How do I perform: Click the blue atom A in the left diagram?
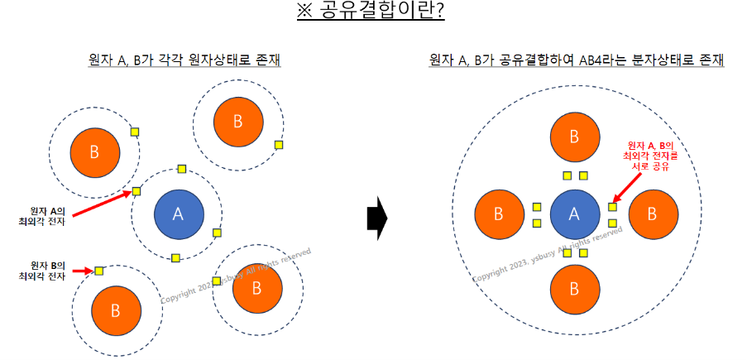[177, 214]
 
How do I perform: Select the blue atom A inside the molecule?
[575, 214]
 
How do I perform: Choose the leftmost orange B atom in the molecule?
[498, 214]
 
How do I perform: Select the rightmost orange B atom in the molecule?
[652, 214]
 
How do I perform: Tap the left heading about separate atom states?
[184, 60]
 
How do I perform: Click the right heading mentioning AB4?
[577, 60]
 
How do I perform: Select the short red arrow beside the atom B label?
[82, 271]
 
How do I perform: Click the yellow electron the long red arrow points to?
[136, 192]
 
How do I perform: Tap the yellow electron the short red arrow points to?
[99, 271]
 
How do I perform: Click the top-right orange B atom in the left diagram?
[237, 122]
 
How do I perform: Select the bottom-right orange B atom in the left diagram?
[256, 288]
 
